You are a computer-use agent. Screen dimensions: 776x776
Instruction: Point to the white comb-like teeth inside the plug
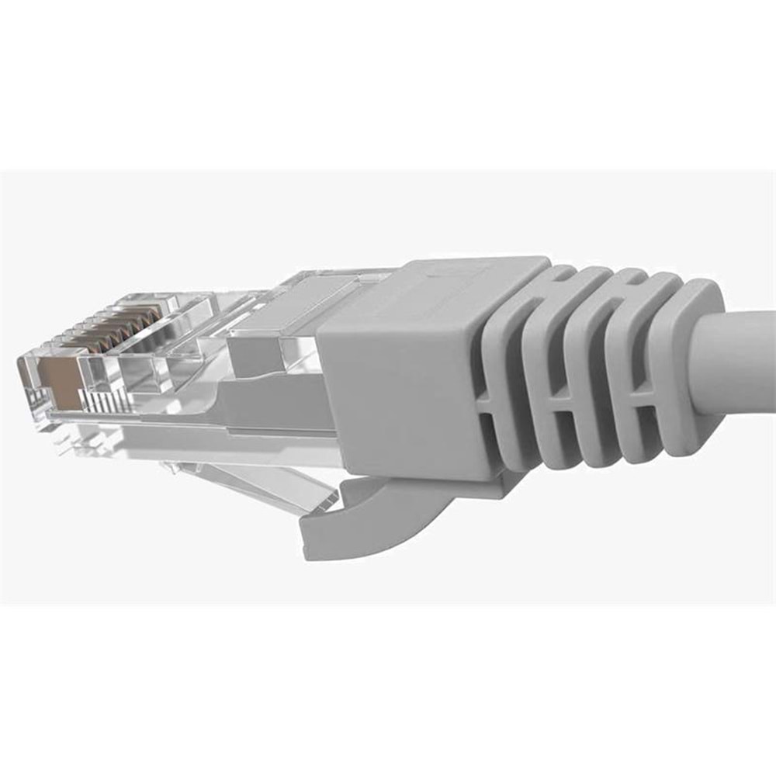(101, 400)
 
